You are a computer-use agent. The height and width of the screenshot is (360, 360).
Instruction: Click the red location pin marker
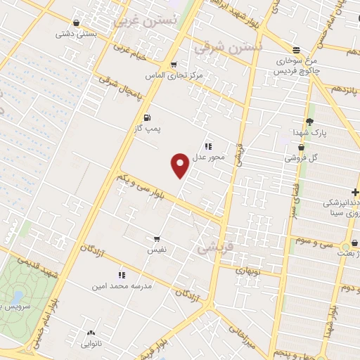(180, 165)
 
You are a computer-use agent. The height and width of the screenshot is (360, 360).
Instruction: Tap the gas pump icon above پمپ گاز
(147, 117)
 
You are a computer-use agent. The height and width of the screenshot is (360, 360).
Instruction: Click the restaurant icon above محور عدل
(208, 146)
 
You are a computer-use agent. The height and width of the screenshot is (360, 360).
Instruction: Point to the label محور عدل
(209, 157)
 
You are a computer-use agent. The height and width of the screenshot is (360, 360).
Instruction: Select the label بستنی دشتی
(75, 33)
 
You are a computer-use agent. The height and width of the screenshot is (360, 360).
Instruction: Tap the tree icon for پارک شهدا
(309, 122)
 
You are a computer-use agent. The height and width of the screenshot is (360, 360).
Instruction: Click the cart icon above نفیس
(155, 238)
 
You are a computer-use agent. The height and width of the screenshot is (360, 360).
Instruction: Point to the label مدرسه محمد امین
(117, 286)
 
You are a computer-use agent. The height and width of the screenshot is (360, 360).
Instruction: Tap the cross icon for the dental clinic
(356, 192)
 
